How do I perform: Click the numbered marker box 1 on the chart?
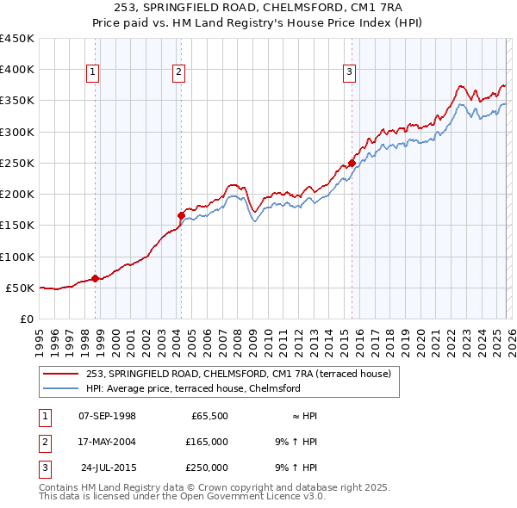[92, 73]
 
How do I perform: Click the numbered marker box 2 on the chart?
[178, 73]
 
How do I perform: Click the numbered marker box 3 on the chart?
[350, 73]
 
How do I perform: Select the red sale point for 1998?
[95, 277]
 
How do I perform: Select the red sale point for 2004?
[181, 215]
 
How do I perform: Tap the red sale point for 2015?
[352, 163]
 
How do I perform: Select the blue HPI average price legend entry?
[193, 388]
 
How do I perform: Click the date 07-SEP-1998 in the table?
[107, 415]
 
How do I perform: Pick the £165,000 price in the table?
[207, 441]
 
